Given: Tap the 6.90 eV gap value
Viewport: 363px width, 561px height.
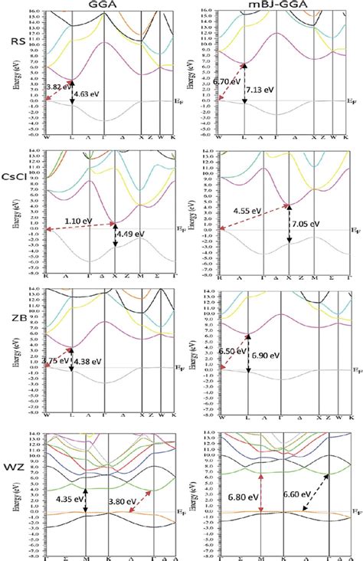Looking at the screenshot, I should click(269, 357).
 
